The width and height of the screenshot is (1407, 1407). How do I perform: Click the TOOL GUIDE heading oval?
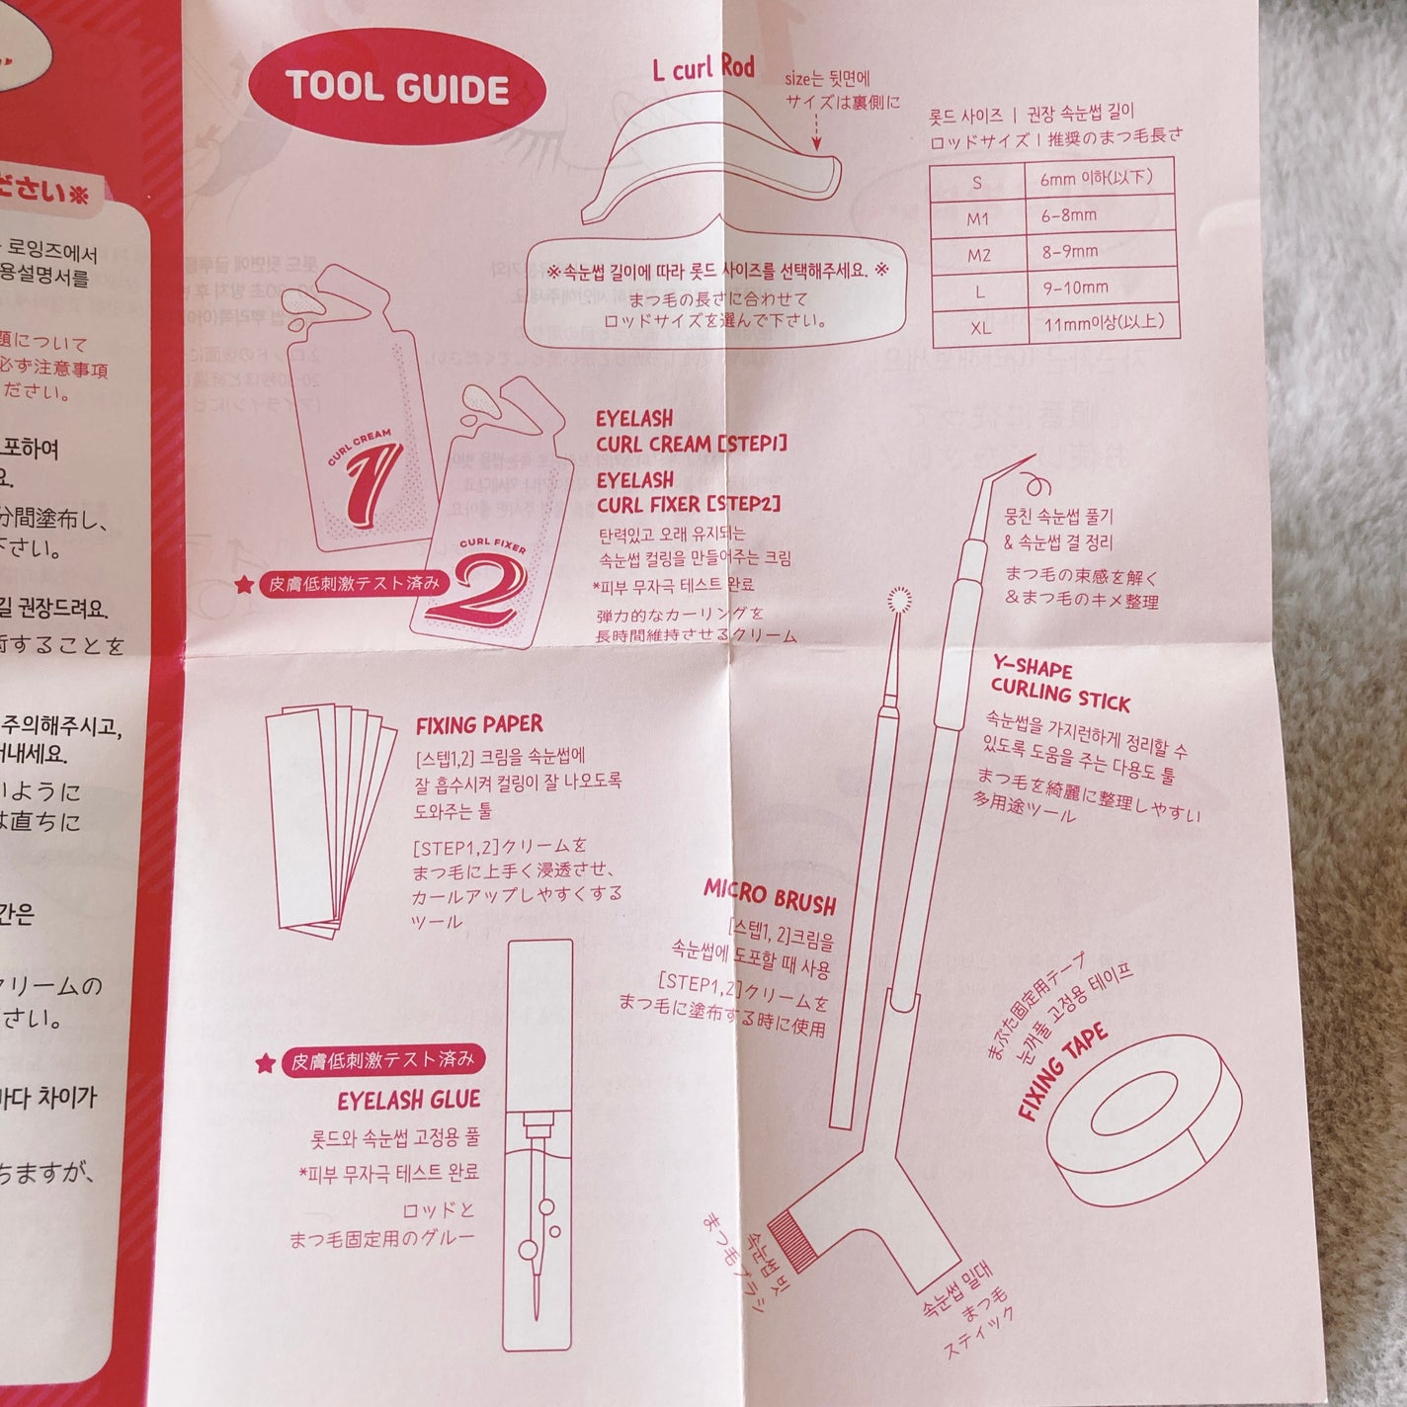coord(397,88)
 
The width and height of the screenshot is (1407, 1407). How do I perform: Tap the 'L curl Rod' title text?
coord(703,68)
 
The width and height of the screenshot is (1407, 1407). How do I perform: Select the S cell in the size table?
coord(978,182)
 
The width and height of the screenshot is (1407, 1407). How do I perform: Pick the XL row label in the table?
coord(980,326)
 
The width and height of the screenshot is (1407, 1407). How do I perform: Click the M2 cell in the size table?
coord(979,255)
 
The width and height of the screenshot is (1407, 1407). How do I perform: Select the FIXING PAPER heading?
coord(479,726)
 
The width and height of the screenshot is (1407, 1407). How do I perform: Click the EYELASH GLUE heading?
coord(408,1100)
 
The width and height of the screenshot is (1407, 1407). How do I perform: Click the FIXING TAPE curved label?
coord(1064,1073)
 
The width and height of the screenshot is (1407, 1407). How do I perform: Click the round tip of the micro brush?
coord(898,599)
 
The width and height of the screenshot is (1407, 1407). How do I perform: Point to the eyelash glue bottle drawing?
coord(538,1146)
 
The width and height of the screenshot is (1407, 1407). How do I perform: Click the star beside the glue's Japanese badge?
coord(265,1063)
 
